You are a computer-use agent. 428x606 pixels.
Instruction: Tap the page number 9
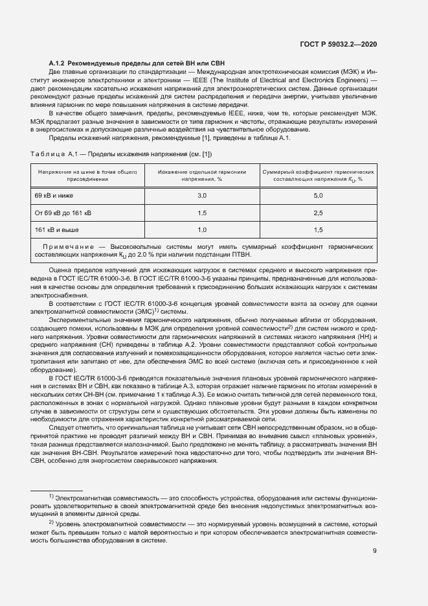375,551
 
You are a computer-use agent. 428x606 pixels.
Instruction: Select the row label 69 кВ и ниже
54,195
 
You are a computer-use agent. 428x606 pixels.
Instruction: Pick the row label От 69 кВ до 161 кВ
63,213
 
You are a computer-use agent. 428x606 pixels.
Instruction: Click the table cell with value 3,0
201,195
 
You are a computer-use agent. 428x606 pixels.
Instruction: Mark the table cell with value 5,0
318,195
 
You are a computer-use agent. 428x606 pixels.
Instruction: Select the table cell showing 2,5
318,213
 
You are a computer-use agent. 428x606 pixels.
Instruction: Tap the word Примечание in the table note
67,247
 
